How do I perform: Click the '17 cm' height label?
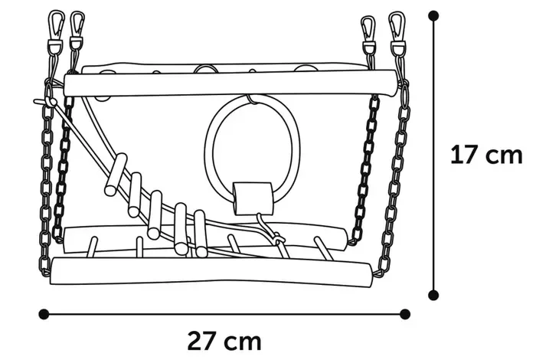[486, 155]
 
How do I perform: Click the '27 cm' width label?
[224, 339]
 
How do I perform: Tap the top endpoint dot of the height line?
[433, 15]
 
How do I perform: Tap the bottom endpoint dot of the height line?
[433, 294]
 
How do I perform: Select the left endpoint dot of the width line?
[44, 313]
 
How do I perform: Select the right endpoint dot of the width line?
[405, 313]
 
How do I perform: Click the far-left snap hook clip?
[56, 27]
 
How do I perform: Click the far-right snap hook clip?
[396, 28]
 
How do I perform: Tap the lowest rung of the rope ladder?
[201, 234]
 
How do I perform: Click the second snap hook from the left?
[77, 27]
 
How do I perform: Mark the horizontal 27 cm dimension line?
[224, 313]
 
